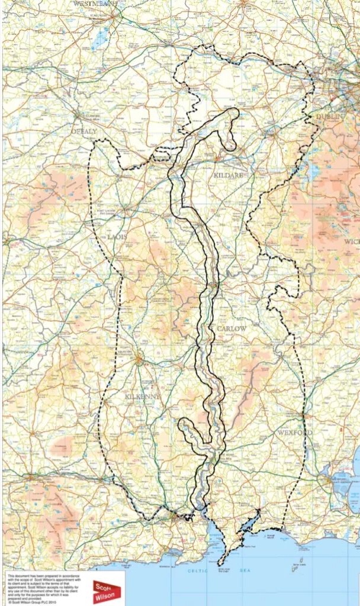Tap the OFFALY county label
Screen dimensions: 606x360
(x=83, y=131)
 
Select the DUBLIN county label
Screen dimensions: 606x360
(x=330, y=117)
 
